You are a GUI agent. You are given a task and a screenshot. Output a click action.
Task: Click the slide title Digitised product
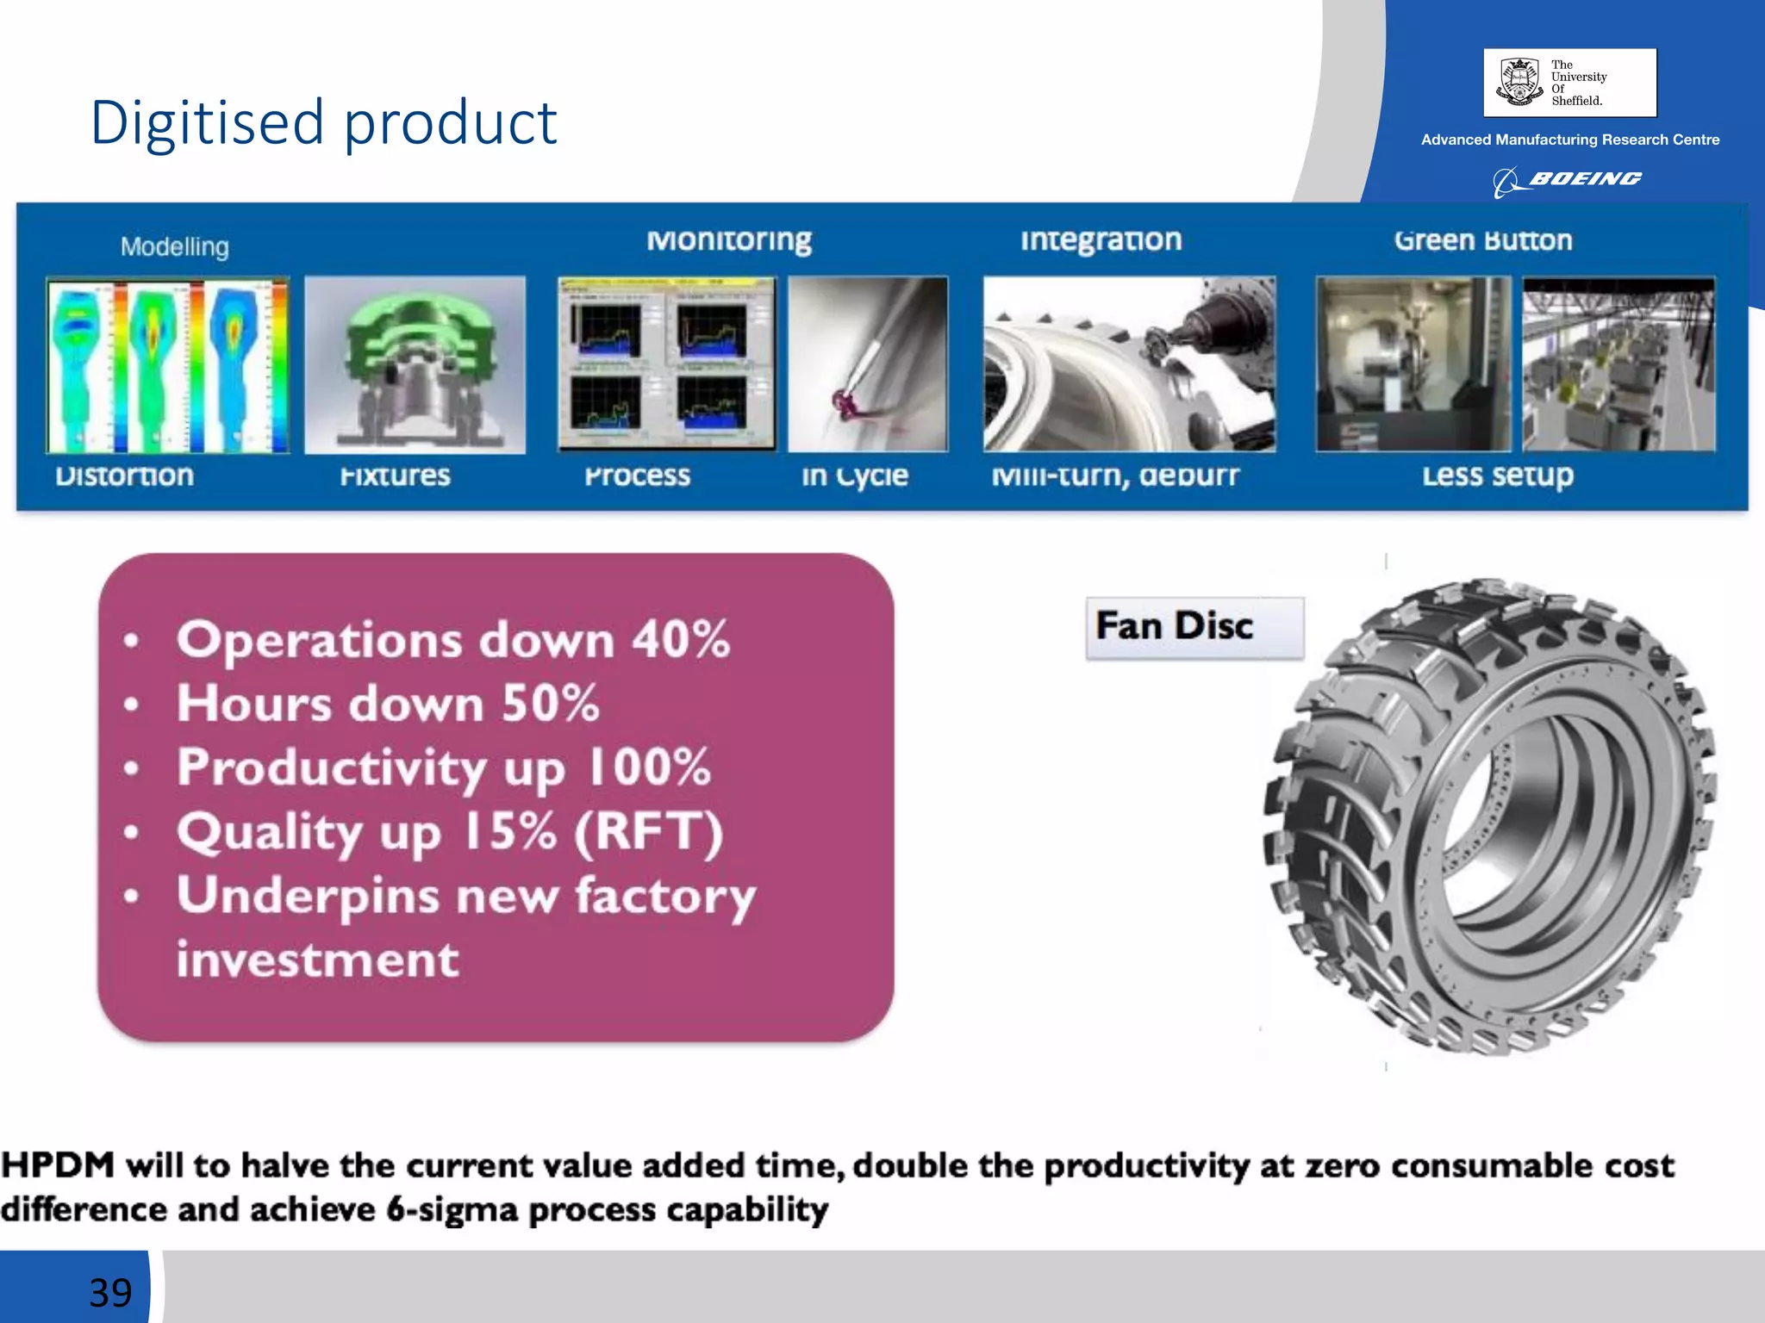[323, 122]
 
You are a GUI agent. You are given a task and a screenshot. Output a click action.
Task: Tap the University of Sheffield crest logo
[1519, 82]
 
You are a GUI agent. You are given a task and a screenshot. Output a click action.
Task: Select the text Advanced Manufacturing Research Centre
[1569, 140]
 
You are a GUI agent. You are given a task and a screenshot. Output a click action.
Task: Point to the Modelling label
[175, 247]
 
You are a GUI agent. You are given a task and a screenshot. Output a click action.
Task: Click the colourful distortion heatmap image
[168, 365]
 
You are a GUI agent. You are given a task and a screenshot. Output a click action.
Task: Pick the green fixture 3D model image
[415, 365]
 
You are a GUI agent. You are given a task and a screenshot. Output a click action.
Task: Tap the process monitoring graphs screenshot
[666, 363]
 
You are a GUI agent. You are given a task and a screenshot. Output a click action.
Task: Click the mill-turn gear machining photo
[1129, 363]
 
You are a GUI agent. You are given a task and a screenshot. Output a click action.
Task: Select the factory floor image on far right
[1618, 363]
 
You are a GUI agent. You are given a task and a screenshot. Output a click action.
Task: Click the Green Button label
[1482, 240]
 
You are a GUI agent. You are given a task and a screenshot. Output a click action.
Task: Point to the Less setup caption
[1497, 475]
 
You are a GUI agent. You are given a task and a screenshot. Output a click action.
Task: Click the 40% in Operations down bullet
[681, 640]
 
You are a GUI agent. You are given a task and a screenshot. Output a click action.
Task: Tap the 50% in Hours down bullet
[550, 704]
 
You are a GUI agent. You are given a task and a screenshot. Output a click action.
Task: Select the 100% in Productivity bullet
[648, 767]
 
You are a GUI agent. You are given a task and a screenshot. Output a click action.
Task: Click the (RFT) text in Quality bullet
[648, 831]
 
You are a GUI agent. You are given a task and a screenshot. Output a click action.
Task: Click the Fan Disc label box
[1194, 627]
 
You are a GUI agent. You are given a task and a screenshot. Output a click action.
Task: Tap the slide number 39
[110, 1292]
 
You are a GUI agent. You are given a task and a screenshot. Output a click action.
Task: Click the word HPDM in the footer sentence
[59, 1165]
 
